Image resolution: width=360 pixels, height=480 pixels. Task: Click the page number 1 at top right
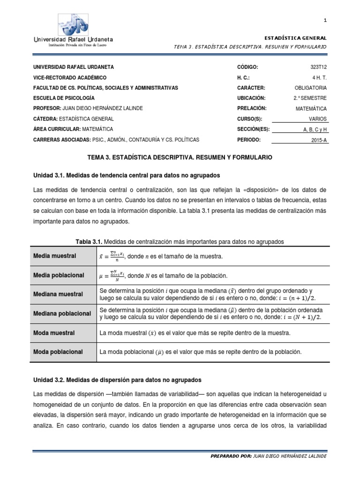point(325,20)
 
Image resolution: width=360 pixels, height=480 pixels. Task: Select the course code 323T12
point(318,67)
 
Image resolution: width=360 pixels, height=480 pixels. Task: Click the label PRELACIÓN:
point(252,108)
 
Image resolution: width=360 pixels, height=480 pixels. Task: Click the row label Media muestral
point(54,256)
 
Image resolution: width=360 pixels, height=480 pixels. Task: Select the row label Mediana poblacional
point(61,313)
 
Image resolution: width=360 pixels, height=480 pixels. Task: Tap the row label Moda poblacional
point(58,352)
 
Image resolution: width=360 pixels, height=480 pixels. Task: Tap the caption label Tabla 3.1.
point(89,241)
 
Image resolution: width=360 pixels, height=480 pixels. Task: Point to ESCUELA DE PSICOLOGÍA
point(64,98)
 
